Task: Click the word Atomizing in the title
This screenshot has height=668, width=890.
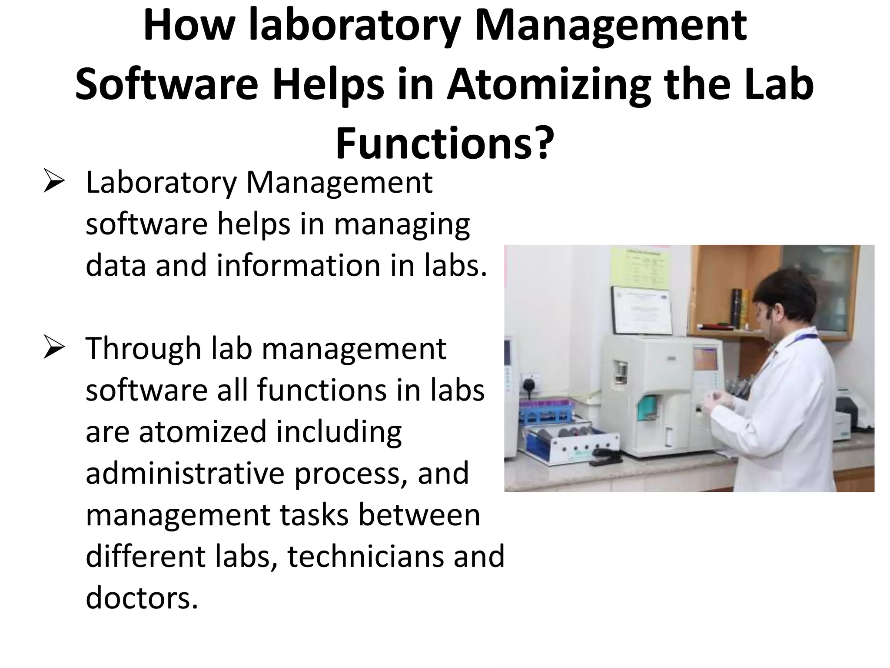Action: pos(548,85)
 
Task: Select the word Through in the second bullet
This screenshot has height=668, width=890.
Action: pos(143,349)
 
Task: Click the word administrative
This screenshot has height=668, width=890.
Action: pos(185,473)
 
